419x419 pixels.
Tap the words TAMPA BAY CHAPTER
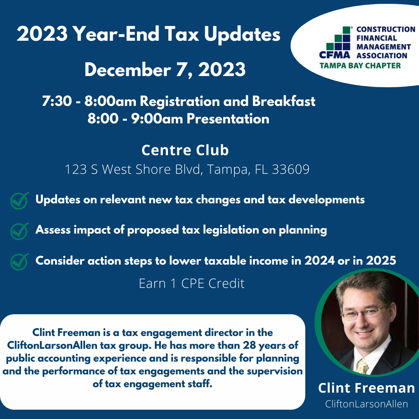[360, 66]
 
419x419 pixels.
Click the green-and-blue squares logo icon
[338, 38]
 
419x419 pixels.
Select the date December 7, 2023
[165, 70]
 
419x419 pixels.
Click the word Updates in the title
[242, 35]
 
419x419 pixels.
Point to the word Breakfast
[284, 101]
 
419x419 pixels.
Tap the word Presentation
[228, 119]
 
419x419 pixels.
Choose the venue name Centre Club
[185, 150]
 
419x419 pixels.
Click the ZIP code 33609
[291, 169]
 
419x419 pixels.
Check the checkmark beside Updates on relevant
[19, 201]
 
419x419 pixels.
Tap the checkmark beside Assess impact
[19, 231]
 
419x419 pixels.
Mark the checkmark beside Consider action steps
[19, 261]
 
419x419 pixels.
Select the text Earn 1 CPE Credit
[192, 284]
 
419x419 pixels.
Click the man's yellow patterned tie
[362, 365]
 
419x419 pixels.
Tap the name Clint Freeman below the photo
[366, 388]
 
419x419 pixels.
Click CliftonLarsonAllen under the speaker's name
[366, 404]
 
